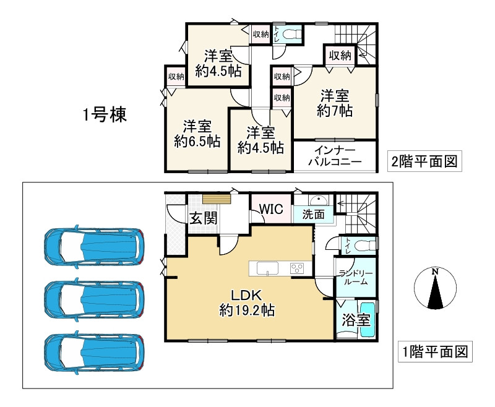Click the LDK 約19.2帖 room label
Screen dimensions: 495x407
point(247,303)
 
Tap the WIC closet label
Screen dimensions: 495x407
point(271,209)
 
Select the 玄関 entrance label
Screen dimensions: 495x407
point(204,218)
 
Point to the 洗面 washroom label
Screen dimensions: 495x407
point(313,214)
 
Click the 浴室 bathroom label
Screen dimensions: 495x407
point(356,320)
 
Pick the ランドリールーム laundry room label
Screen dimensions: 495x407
point(356,278)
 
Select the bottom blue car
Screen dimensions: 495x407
point(94,353)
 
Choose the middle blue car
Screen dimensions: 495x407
point(94,299)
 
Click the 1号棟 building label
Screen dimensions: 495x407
point(105,114)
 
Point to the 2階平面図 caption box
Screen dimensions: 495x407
point(424,161)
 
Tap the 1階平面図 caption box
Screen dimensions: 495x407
point(435,351)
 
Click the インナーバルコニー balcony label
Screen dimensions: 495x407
point(335,156)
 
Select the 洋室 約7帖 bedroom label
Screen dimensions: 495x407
point(335,103)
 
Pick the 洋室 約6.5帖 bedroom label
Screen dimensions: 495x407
point(197,134)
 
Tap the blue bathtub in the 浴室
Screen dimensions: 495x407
point(367,319)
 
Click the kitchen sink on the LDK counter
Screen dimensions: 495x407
point(267,268)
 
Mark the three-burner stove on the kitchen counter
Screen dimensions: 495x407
point(297,268)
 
